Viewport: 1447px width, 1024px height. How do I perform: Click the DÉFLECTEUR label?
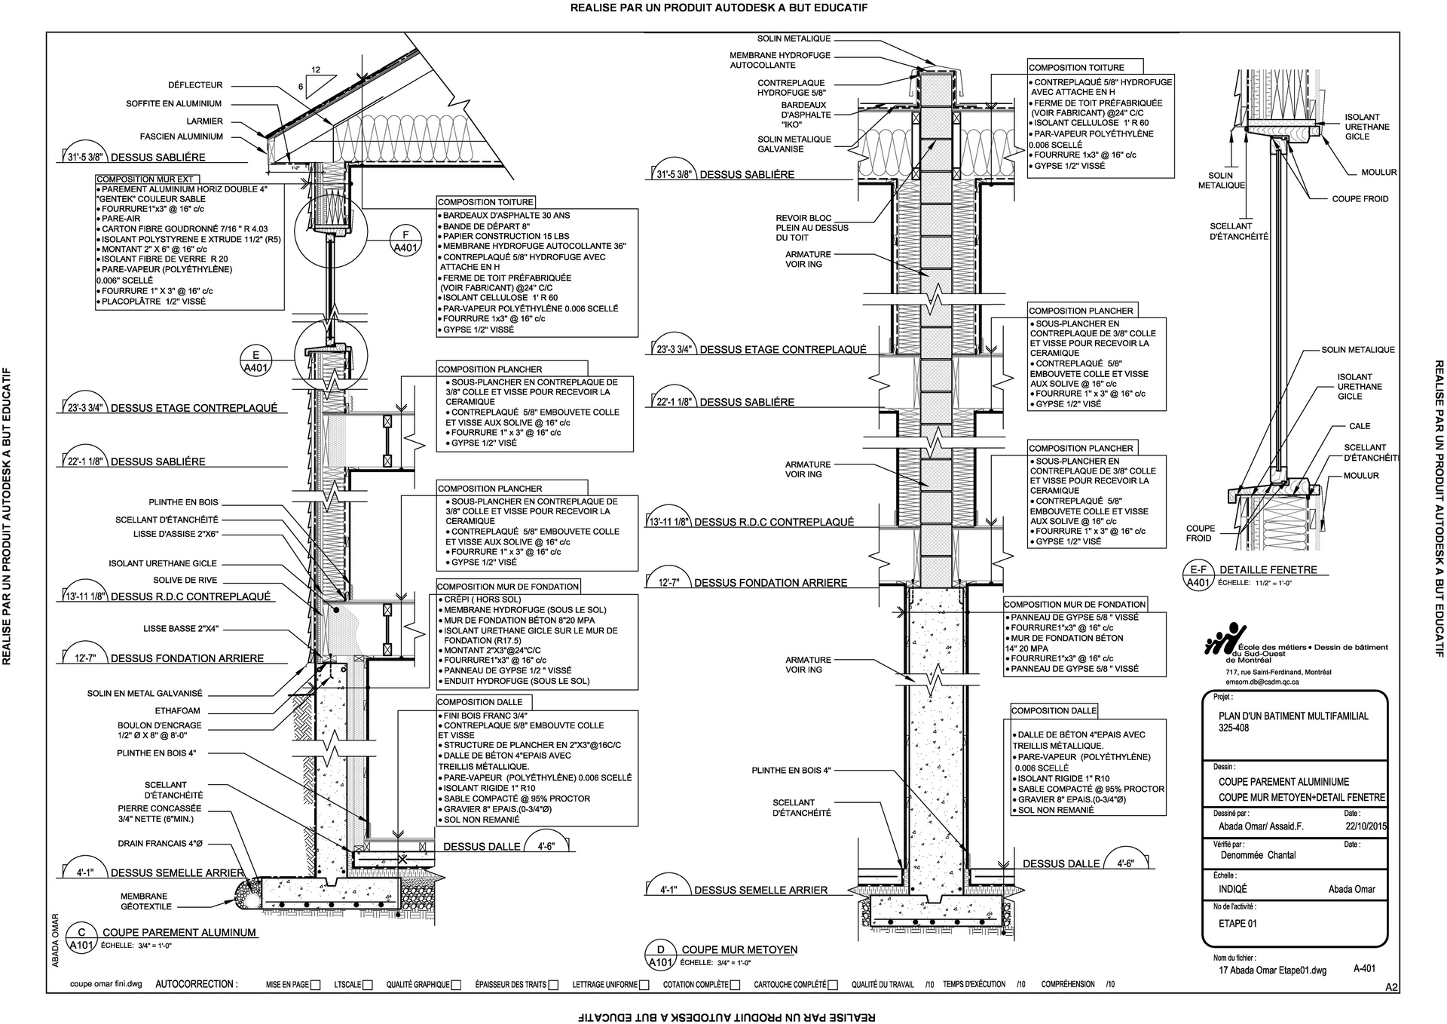pyautogui.click(x=195, y=85)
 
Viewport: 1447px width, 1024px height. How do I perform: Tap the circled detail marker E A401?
pyautogui.click(x=256, y=361)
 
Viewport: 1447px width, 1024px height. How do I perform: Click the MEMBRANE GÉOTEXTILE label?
pyautogui.click(x=146, y=902)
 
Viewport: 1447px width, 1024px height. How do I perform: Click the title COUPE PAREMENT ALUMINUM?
pyautogui.click(x=179, y=932)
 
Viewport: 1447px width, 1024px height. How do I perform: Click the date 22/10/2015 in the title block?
pyautogui.click(x=1366, y=826)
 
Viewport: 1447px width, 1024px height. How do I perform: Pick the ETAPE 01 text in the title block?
pyautogui.click(x=1237, y=924)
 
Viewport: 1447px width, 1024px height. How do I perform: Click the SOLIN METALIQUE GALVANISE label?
pyautogui.click(x=794, y=144)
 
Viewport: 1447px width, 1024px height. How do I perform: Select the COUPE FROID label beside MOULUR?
pyautogui.click(x=1360, y=199)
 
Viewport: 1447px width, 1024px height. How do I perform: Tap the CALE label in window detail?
pyautogui.click(x=1360, y=426)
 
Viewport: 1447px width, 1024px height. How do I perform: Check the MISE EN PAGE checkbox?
pyautogui.click(x=316, y=985)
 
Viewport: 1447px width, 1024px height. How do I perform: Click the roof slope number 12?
pyautogui.click(x=316, y=70)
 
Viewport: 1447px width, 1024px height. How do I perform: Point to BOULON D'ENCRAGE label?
pyautogui.click(x=159, y=731)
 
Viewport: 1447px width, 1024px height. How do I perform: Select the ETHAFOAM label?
pyautogui.click(x=179, y=710)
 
